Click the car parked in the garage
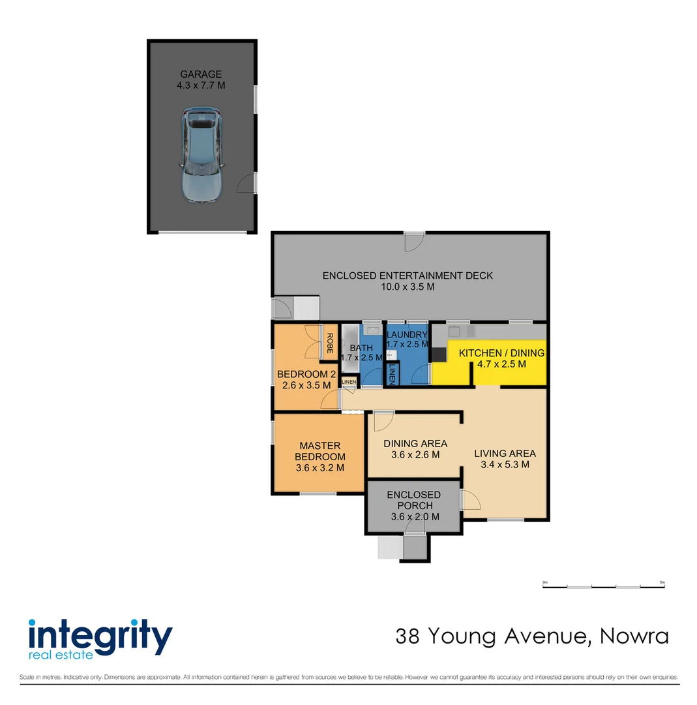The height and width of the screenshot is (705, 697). point(201,155)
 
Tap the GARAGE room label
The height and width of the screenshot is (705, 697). point(201,74)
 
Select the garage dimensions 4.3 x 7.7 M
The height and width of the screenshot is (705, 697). point(201,86)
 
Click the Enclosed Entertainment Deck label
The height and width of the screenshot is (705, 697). point(408,276)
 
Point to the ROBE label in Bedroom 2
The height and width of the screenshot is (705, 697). point(330,343)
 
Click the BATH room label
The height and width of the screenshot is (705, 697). point(356,348)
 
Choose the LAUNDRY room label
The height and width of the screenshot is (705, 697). point(407,335)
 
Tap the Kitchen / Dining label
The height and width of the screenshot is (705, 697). point(501,353)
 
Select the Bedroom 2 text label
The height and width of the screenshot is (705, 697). point(306,375)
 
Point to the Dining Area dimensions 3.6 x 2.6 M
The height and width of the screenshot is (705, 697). point(415,455)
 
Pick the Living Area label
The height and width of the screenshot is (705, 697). point(505,454)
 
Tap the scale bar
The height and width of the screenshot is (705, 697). point(603,586)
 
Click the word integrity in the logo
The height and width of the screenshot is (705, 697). point(100,633)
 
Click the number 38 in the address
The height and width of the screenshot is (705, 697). point(409,636)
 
